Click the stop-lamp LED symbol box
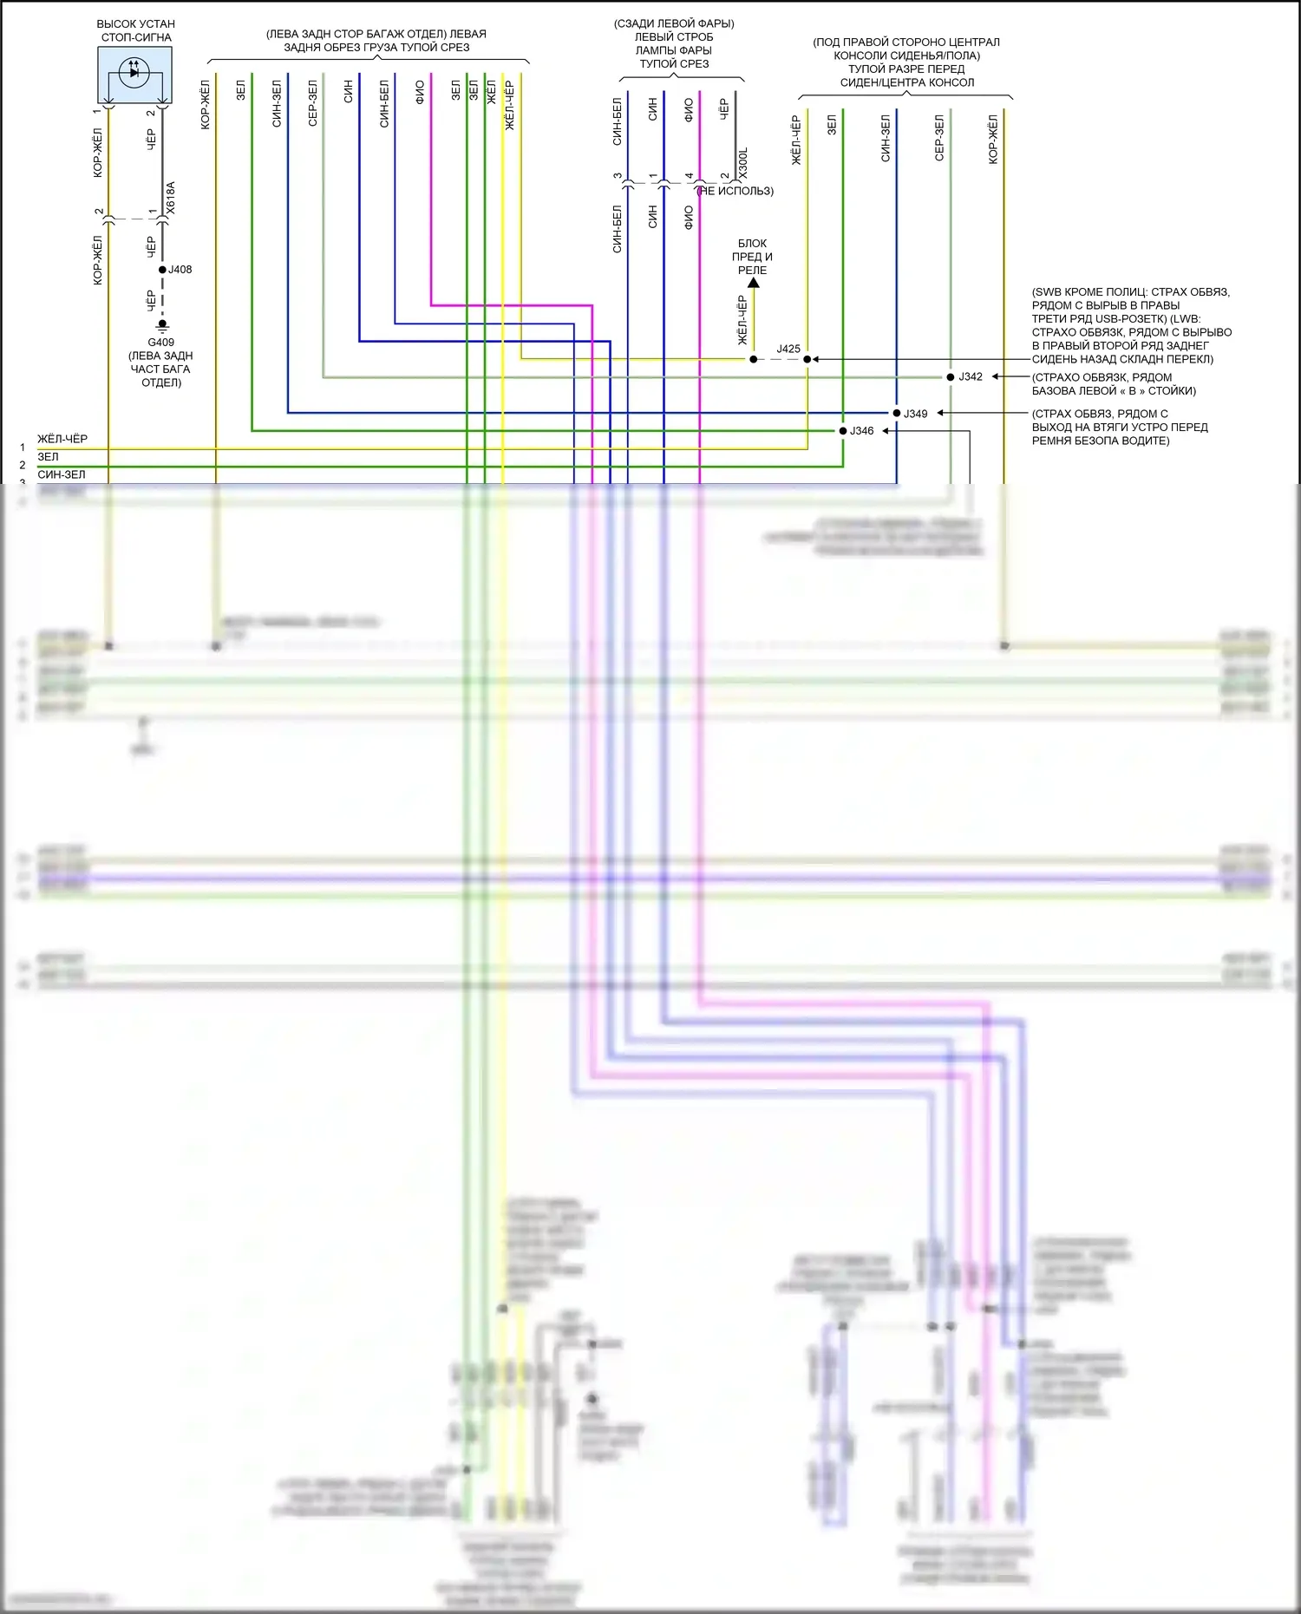134,75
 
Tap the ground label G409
160,342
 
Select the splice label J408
180,270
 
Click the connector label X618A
171,198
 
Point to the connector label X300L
743,164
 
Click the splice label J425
788,349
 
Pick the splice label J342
971,376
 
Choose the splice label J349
916,414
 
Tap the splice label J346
861,431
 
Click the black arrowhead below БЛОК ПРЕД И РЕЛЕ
753,283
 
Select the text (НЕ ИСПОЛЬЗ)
736,191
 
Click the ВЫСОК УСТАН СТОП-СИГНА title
136,30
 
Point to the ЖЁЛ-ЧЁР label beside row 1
62,439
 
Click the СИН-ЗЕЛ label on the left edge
62,474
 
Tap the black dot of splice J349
897,413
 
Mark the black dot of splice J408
162,270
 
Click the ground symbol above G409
162,326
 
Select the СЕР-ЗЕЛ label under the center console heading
939,138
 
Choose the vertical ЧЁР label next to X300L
724,109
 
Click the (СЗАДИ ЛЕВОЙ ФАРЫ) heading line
674,23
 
